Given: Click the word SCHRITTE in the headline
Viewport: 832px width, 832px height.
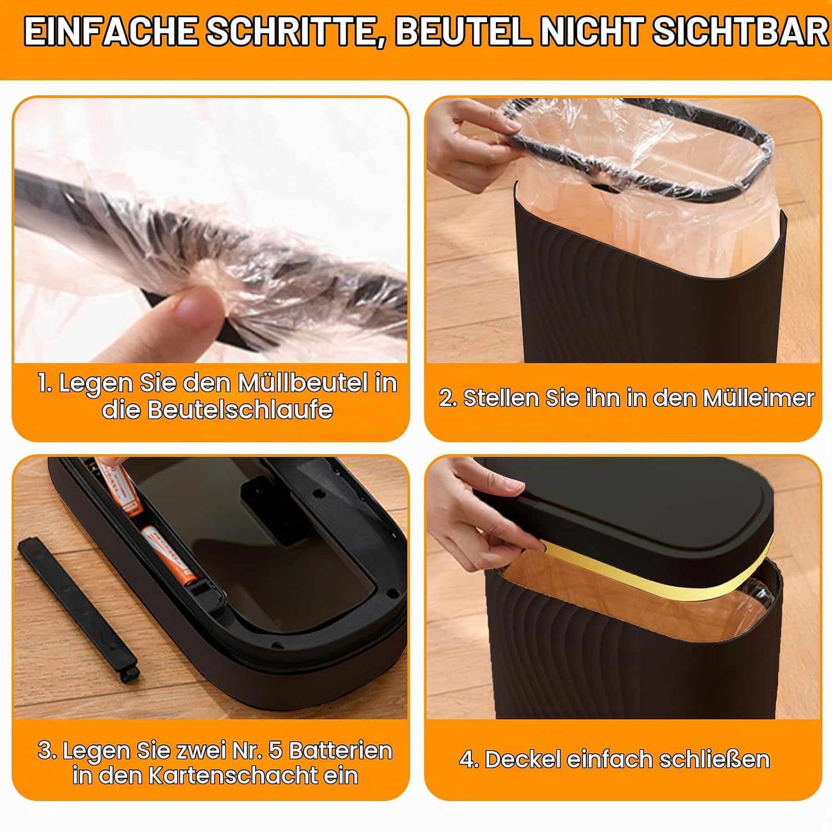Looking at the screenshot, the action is point(291,32).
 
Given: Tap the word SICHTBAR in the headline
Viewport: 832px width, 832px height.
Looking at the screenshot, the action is point(740,32).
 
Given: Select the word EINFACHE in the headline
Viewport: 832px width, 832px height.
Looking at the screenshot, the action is point(110,32).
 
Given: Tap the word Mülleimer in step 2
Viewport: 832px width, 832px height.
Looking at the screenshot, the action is point(758,398).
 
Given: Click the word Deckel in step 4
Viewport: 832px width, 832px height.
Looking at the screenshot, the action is point(522,759).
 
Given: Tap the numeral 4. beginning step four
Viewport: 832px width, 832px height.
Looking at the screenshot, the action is point(469,760).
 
